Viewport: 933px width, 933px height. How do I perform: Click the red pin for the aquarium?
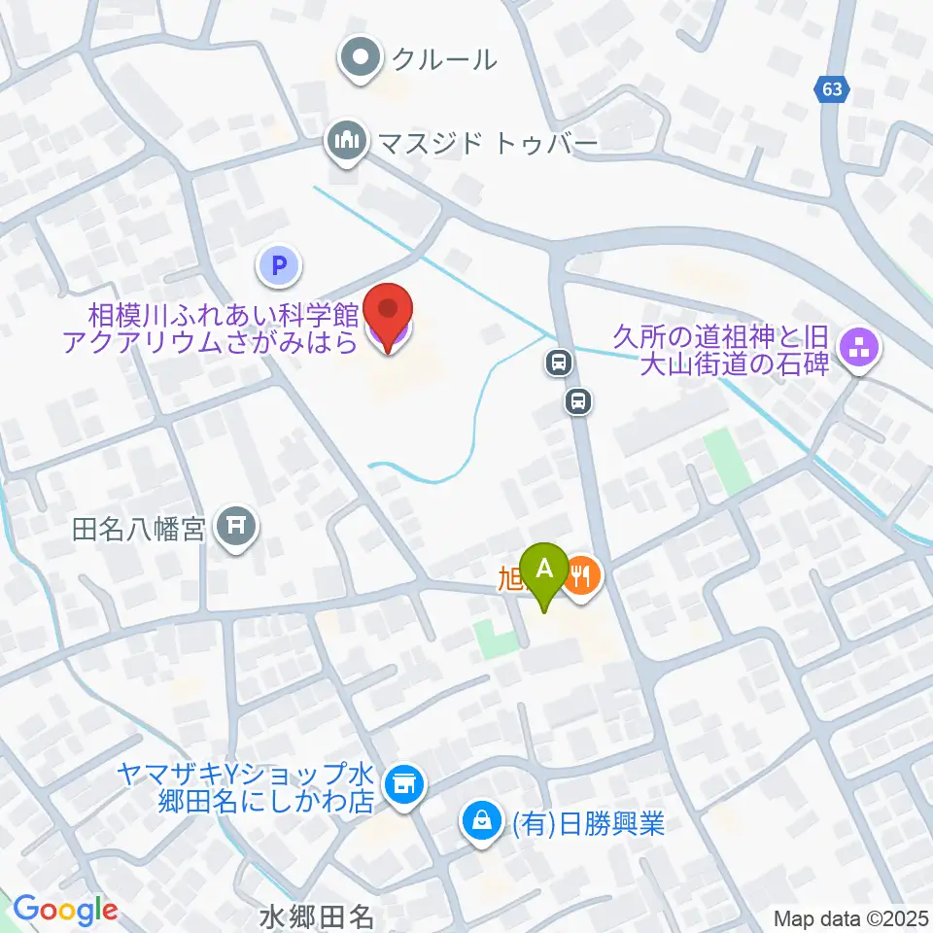(x=388, y=313)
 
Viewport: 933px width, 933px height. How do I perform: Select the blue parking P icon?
(x=280, y=264)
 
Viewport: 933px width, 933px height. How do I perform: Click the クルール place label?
(x=444, y=60)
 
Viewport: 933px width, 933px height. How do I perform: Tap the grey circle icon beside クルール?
(x=363, y=60)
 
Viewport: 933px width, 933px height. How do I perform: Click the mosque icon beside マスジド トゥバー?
(x=345, y=143)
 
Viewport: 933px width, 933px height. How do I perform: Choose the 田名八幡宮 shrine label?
(x=138, y=530)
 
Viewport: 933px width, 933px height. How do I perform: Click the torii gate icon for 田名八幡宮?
(x=236, y=529)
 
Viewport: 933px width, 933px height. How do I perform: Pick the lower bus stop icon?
(x=578, y=399)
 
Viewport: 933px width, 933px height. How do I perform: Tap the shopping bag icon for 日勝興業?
(x=480, y=824)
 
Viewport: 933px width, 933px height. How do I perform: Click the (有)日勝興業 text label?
(x=587, y=825)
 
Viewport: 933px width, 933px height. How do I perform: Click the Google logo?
(x=65, y=910)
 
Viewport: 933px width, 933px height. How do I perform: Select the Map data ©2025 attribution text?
(x=851, y=918)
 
